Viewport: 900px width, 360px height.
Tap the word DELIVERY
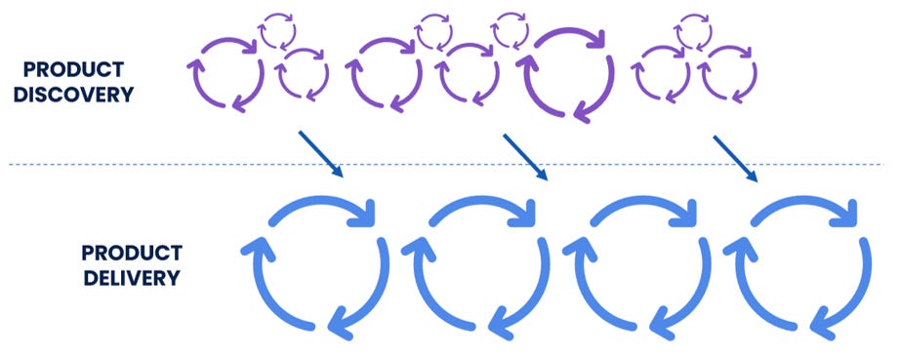(131, 277)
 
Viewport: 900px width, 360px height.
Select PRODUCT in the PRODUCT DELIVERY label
(131, 253)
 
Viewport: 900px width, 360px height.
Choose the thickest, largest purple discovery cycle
(569, 74)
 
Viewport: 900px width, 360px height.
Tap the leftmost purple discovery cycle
(225, 72)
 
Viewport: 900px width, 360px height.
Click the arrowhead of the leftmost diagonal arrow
(339, 174)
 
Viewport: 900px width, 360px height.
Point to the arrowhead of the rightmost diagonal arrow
(755, 178)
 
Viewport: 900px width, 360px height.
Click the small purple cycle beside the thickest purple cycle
(510, 29)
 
